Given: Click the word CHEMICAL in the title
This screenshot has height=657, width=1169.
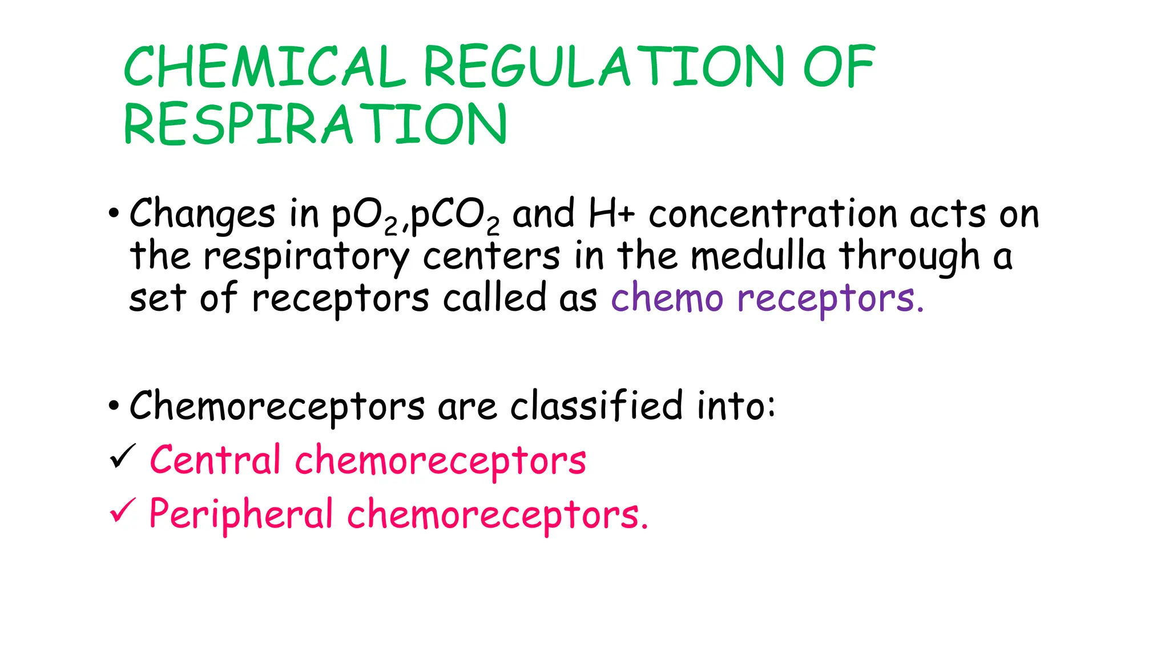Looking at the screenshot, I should click(264, 67).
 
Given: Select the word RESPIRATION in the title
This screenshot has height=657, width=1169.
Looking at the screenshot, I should click(315, 124).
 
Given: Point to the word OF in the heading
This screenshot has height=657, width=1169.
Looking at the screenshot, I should click(839, 67).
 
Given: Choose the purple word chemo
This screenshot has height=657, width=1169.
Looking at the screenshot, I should click(667, 298).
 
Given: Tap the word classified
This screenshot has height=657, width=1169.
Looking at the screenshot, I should click(596, 406).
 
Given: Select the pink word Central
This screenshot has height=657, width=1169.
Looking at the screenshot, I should click(215, 460).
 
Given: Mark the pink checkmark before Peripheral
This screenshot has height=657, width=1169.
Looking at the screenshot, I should click(122, 509).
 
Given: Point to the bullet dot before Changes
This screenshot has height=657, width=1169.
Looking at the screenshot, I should click(114, 214).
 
